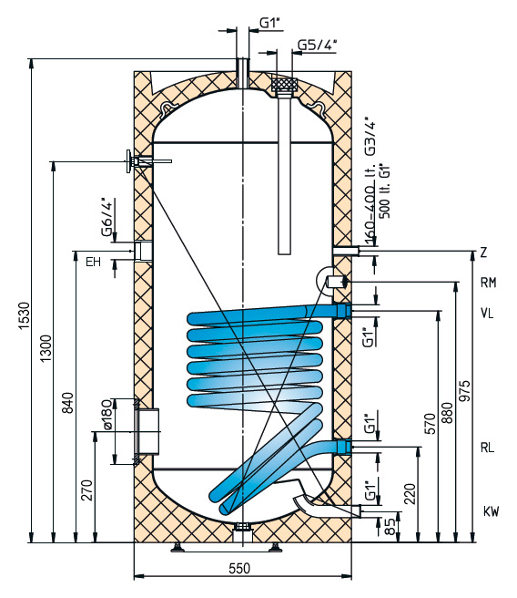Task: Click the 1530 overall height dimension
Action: [24, 316]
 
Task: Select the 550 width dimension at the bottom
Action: [239, 568]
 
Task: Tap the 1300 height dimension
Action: [46, 348]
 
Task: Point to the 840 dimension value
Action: [67, 402]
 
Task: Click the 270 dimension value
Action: [87, 490]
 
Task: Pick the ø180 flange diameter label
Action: [106, 415]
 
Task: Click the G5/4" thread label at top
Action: [317, 45]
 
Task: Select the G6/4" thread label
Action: [107, 217]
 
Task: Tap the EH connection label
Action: [93, 262]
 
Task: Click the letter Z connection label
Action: [483, 253]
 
